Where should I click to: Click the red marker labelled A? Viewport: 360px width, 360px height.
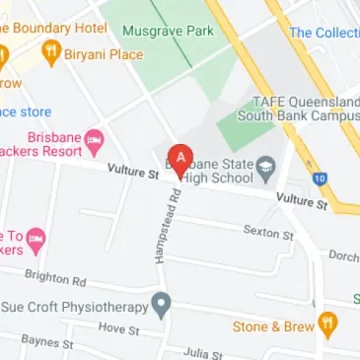pyautogui.click(x=180, y=159)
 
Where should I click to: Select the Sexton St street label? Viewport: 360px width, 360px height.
pyautogui.click(x=268, y=233)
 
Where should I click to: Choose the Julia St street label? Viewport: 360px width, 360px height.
pyautogui.click(x=203, y=351)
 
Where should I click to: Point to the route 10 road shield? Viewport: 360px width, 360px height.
pyautogui.click(x=347, y=180)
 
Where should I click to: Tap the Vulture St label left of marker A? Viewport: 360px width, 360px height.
pyautogui.click(x=132, y=174)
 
